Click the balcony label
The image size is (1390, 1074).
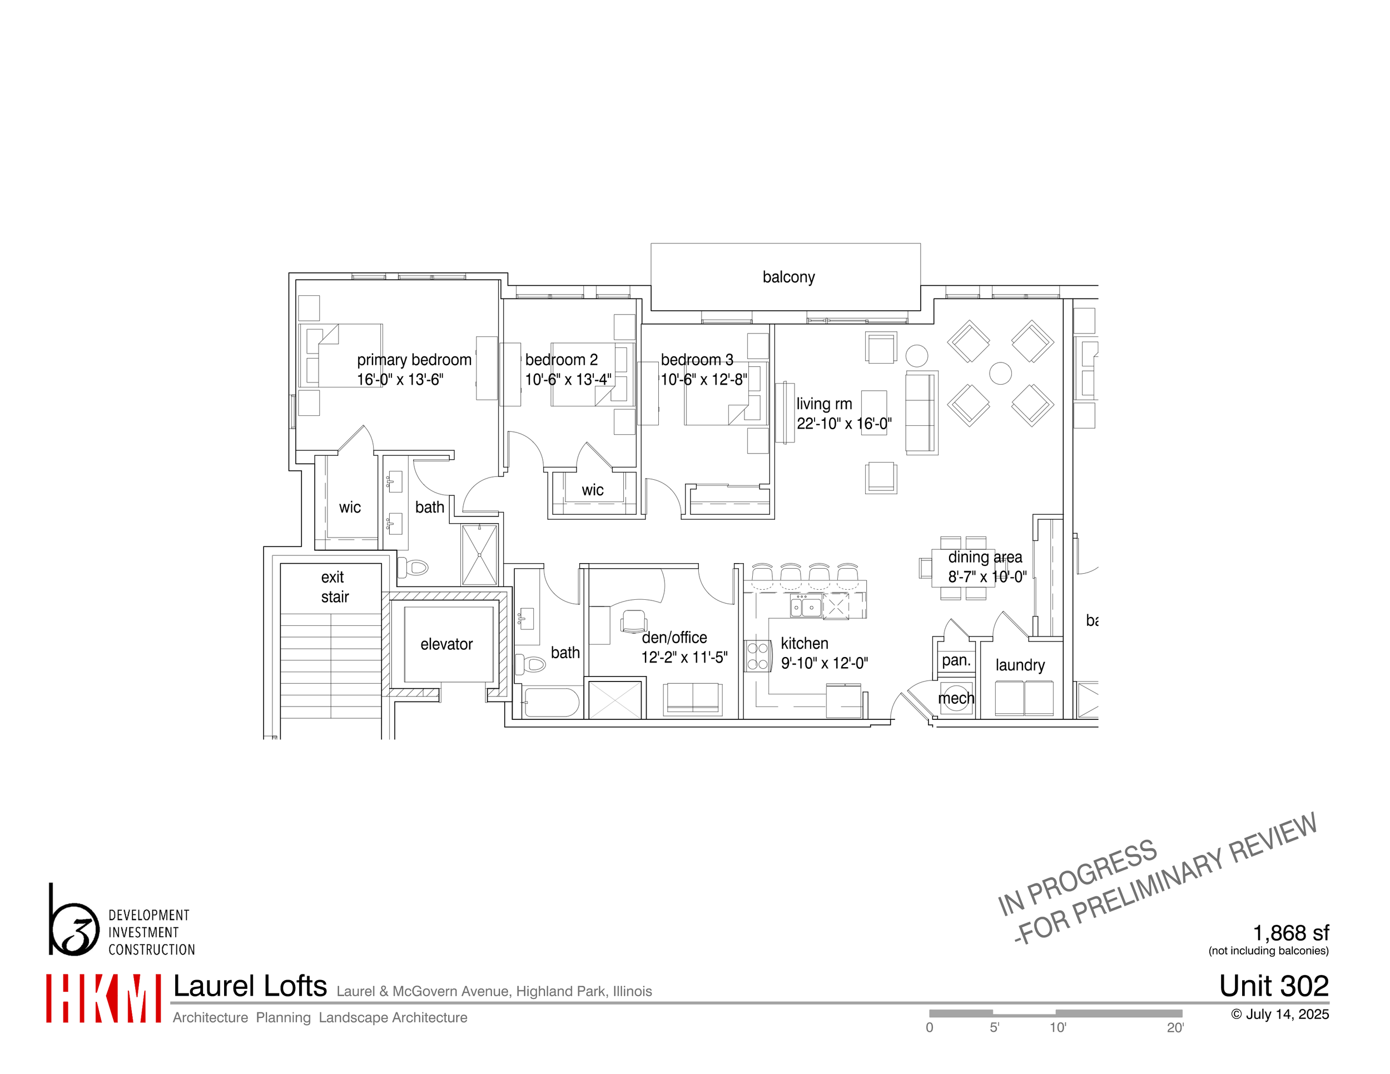click(x=788, y=277)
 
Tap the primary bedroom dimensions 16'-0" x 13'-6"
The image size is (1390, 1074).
click(x=400, y=380)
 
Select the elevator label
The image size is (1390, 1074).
click(x=446, y=644)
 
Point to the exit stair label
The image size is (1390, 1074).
click(x=334, y=586)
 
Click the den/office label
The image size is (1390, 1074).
click(x=674, y=638)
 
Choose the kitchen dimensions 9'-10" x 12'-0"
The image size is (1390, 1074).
click(x=824, y=664)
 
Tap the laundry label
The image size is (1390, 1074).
click(x=1020, y=665)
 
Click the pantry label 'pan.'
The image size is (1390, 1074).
click(x=956, y=660)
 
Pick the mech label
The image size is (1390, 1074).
click(x=956, y=699)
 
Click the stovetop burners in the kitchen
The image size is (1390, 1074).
click(x=757, y=656)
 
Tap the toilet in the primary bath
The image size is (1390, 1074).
click(x=413, y=567)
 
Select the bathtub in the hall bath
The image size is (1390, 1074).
click(x=551, y=703)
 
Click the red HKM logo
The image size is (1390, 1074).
click(x=103, y=998)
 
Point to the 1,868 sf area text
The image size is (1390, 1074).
click(x=1290, y=933)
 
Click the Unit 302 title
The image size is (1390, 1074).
click(x=1274, y=986)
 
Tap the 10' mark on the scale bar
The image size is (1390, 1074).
click(x=1057, y=1027)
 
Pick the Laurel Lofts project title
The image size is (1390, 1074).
click(x=250, y=987)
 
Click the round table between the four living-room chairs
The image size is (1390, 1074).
click(x=1000, y=374)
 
